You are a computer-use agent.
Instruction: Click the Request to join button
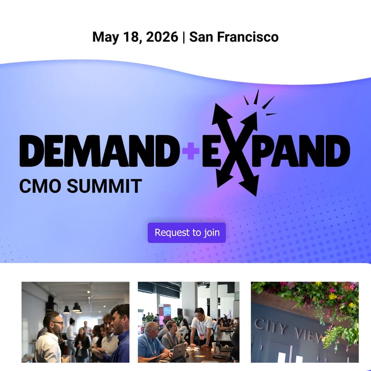[186, 232]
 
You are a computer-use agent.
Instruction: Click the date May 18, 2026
[135, 37]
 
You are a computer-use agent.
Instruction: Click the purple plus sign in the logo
[190, 152]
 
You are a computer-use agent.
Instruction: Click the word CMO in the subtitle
[39, 186]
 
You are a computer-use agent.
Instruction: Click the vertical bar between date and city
[184, 37]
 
